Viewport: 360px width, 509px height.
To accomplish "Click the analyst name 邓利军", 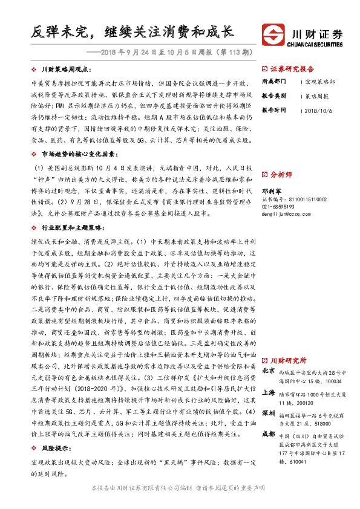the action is [x=270, y=190].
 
